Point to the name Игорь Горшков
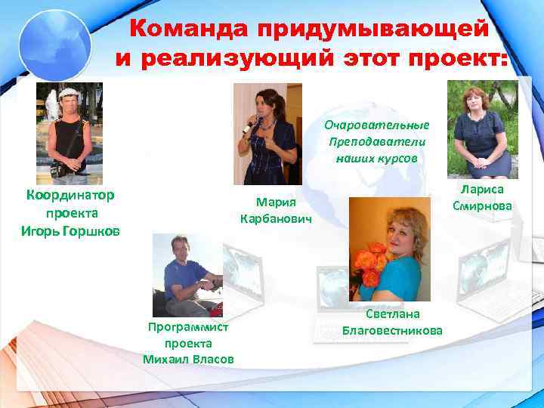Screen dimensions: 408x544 pos(70,230)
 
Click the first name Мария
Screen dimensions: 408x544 pos(275,202)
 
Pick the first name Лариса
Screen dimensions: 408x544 pos(482,190)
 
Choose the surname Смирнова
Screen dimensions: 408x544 pos(482,206)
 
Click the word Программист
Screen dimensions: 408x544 pos(187,326)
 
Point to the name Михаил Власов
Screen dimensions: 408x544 pos(187,358)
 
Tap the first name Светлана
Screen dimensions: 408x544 pos(392,314)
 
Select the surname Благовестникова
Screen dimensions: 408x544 pos(392,331)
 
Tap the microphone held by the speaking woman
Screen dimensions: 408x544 pos(247,127)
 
